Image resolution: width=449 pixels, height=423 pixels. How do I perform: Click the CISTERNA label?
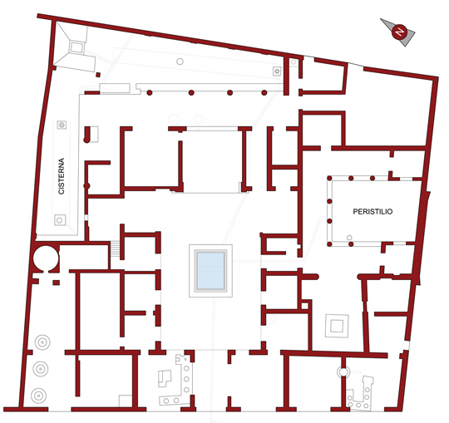click(x=62, y=176)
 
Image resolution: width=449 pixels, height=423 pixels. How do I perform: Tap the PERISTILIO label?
click(x=373, y=211)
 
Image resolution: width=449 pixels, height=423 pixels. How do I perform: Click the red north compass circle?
click(x=399, y=32)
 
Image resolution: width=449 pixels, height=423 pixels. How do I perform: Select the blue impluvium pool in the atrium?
click(x=210, y=271)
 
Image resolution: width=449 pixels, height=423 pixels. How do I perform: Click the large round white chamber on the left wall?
click(x=46, y=258)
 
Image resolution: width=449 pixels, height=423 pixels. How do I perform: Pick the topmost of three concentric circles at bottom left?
click(x=42, y=342)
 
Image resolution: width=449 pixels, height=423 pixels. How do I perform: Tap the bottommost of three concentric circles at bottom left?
click(x=38, y=396)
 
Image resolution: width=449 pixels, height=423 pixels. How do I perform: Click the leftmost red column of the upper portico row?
click(x=149, y=93)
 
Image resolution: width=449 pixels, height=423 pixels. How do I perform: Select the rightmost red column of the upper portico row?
click(x=264, y=93)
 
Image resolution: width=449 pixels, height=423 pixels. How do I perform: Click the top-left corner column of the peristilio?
click(x=329, y=179)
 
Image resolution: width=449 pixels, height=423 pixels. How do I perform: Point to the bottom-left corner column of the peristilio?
click(x=329, y=244)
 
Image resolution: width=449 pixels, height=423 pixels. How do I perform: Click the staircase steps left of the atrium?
click(x=115, y=249)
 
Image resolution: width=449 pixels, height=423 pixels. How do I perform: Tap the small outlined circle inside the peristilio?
click(x=349, y=238)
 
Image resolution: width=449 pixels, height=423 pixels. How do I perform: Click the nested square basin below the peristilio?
click(x=337, y=326)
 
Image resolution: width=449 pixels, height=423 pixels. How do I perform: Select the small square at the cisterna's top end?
click(x=62, y=125)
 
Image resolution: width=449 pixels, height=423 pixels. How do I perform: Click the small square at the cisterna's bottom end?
click(x=60, y=220)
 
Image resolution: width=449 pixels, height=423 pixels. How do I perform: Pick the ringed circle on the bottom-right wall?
click(x=343, y=371)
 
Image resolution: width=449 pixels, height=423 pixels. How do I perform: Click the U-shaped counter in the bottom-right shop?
click(x=359, y=392)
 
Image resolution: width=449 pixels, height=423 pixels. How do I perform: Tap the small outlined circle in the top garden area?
click(x=180, y=61)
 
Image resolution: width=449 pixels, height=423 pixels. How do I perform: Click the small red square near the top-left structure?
click(x=98, y=75)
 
